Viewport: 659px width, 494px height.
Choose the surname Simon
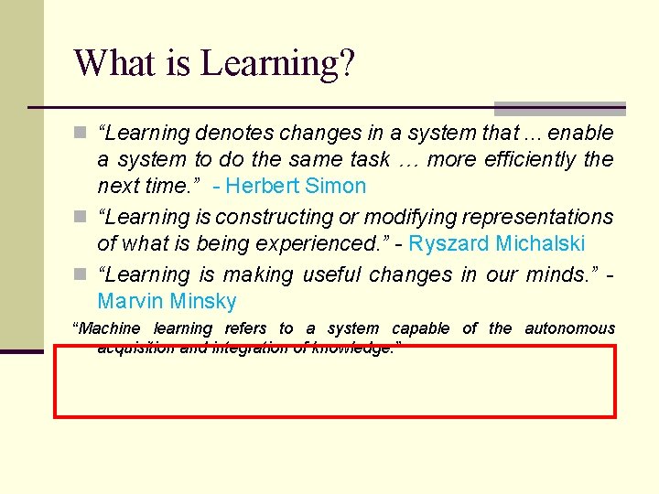tap(338, 187)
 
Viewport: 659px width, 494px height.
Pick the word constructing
tap(275, 218)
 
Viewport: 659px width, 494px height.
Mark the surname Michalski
tap(539, 244)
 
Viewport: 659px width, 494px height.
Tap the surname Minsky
tap(202, 302)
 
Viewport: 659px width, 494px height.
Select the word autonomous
tap(569, 328)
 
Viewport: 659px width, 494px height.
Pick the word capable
tap(421, 328)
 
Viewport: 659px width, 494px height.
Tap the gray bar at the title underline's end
tap(559, 108)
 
